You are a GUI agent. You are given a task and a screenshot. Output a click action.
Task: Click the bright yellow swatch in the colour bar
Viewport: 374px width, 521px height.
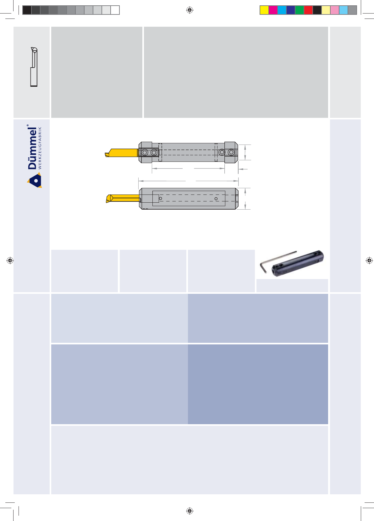pos(264,10)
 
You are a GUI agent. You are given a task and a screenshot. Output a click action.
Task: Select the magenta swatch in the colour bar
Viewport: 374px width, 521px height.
pos(273,10)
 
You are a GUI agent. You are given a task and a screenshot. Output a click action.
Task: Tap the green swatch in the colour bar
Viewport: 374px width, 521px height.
pos(300,10)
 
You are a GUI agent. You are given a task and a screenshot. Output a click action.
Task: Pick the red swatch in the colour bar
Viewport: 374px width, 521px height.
pos(308,10)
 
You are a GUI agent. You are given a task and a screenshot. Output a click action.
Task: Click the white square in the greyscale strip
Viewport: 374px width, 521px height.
pos(115,10)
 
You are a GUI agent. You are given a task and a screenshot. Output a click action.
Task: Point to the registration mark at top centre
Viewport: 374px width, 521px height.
pos(190,10)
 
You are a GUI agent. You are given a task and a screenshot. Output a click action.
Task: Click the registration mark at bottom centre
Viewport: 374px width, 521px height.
pos(190,511)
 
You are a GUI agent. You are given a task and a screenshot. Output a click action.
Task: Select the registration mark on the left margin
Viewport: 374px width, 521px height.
pos(10,260)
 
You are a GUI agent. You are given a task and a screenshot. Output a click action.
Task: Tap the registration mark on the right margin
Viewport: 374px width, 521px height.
pos(369,260)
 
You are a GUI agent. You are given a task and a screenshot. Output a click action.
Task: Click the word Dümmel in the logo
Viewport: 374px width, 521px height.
pos(32,148)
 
